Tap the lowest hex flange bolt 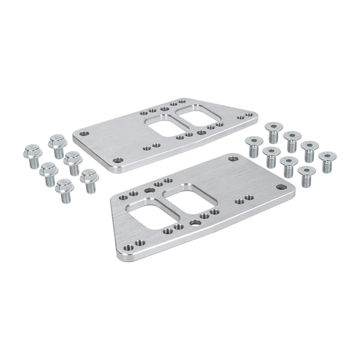pyautogui.click(x=65, y=190)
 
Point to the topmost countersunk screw pyautogui.click(x=273, y=130)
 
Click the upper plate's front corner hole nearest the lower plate pyautogui.click(x=119, y=160)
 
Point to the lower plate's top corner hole pyautogui.click(x=233, y=159)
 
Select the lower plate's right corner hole pyautogui.click(x=283, y=187)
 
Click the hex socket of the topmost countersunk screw pyautogui.click(x=273, y=126)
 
